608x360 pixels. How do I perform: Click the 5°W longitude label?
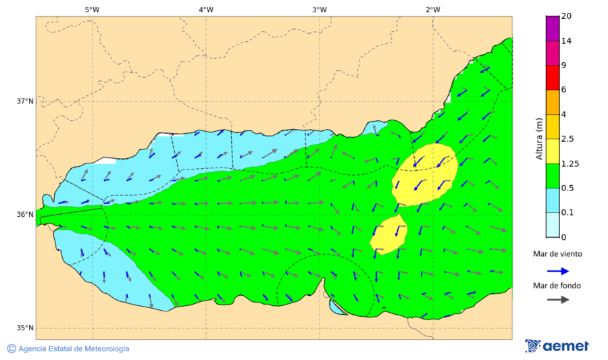93,9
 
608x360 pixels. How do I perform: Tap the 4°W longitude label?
206,9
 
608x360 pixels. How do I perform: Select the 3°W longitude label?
320,9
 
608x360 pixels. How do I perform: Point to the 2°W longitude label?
433,9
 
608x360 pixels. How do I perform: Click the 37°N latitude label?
25,101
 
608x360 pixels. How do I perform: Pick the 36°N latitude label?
25,215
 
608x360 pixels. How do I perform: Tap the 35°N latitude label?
25,328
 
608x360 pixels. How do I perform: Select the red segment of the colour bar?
552,77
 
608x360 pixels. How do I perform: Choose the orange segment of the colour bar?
552,102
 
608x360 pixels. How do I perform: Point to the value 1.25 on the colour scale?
569,163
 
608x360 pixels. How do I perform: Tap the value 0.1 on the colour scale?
567,213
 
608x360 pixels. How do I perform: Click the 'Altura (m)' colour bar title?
539,138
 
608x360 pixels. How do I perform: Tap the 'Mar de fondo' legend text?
557,286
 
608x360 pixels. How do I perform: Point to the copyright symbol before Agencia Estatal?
11,349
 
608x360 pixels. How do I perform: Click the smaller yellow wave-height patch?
388,234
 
